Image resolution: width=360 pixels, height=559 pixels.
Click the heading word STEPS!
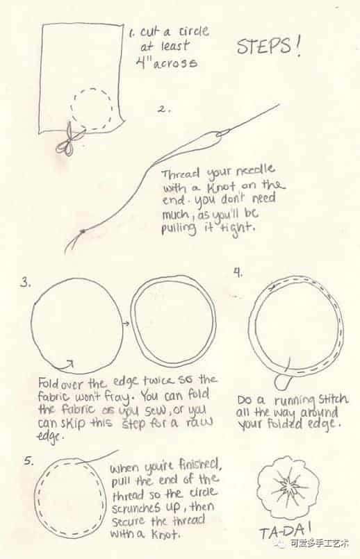[268, 47]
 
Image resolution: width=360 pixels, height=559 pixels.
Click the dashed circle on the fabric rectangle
[92, 109]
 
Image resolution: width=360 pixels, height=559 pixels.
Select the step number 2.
[163, 109]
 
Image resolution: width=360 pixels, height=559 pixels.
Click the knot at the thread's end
[83, 231]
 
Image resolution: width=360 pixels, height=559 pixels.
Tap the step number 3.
[25, 283]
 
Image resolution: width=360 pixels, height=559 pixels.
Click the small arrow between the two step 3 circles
[125, 324]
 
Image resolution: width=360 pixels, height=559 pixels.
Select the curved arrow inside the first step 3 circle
[64, 365]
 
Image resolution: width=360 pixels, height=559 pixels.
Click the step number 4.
[238, 272]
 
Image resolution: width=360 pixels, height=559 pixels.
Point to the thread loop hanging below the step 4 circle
[283, 382]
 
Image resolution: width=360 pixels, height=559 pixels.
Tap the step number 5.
[28, 460]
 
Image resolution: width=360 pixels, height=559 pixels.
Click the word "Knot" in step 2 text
[221, 187]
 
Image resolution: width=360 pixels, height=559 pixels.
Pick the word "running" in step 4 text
[295, 401]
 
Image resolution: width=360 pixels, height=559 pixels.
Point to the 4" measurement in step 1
[141, 62]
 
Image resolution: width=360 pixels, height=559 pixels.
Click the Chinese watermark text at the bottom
[319, 543]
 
